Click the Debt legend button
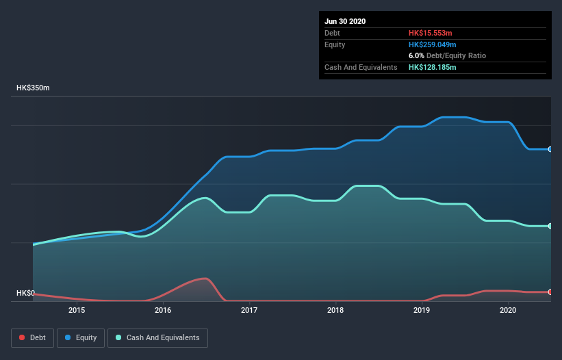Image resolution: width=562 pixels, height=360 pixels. coord(31,337)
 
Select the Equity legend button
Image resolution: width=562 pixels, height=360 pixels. coord(81,337)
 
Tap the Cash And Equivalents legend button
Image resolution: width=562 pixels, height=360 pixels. coord(157,337)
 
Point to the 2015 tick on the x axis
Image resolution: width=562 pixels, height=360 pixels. coord(77,310)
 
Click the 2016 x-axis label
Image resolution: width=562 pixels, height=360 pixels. coord(163,310)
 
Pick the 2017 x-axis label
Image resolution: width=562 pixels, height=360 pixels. coord(249,310)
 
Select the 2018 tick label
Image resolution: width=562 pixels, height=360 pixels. coord(335,310)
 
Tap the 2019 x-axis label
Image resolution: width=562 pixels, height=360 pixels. coord(422,310)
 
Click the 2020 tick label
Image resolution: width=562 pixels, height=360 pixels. coord(508,310)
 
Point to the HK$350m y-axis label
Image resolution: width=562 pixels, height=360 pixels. coord(33,88)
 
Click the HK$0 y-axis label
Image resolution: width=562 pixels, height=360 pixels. coord(25,293)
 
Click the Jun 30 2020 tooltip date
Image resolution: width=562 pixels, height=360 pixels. coord(345,21)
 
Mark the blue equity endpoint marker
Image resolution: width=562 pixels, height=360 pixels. coord(550,149)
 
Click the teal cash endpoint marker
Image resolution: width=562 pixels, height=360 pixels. coord(550,226)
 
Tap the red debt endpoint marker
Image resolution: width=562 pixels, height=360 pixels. coord(550,292)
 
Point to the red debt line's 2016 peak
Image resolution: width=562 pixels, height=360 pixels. coord(204,279)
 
